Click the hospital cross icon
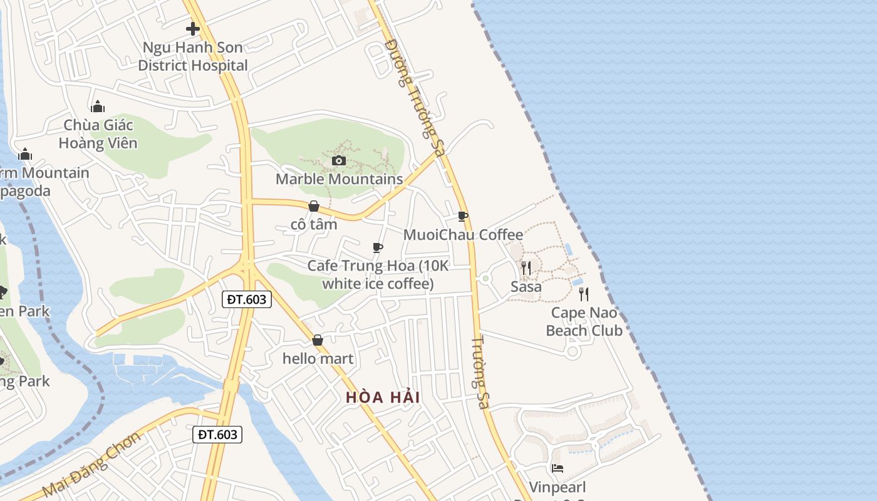tap(193, 29)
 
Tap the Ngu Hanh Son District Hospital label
tap(193, 56)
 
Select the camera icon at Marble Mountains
tap(339, 161)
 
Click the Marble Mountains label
tap(340, 179)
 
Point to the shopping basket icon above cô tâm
tap(314, 206)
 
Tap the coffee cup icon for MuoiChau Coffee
tap(463, 217)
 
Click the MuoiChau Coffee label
tap(463, 235)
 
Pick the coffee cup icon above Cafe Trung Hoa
tap(378, 248)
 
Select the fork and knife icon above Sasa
tap(526, 268)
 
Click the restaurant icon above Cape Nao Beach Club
tap(584, 294)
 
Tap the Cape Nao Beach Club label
tap(584, 321)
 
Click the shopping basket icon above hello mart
tap(318, 341)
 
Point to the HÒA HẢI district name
tap(383, 397)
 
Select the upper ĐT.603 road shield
tap(247, 299)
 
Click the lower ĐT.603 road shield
tap(217, 434)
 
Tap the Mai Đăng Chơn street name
tap(91, 464)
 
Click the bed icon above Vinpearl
tap(557, 468)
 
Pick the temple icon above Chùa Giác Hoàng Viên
tap(97, 106)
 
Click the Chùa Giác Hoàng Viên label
tap(98, 134)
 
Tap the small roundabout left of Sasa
tap(485, 278)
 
